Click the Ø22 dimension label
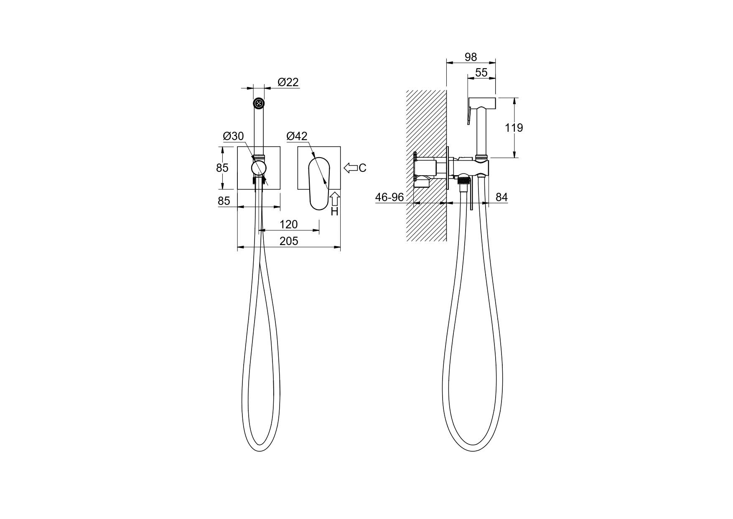click(x=288, y=82)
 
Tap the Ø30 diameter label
click(x=233, y=136)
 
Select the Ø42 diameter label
click(x=297, y=136)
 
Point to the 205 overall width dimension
click(x=289, y=241)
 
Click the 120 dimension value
click(x=288, y=225)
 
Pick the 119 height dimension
click(x=514, y=128)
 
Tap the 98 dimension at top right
click(x=471, y=57)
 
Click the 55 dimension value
click(x=481, y=72)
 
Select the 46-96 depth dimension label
click(x=389, y=197)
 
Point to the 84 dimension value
click(x=501, y=197)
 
